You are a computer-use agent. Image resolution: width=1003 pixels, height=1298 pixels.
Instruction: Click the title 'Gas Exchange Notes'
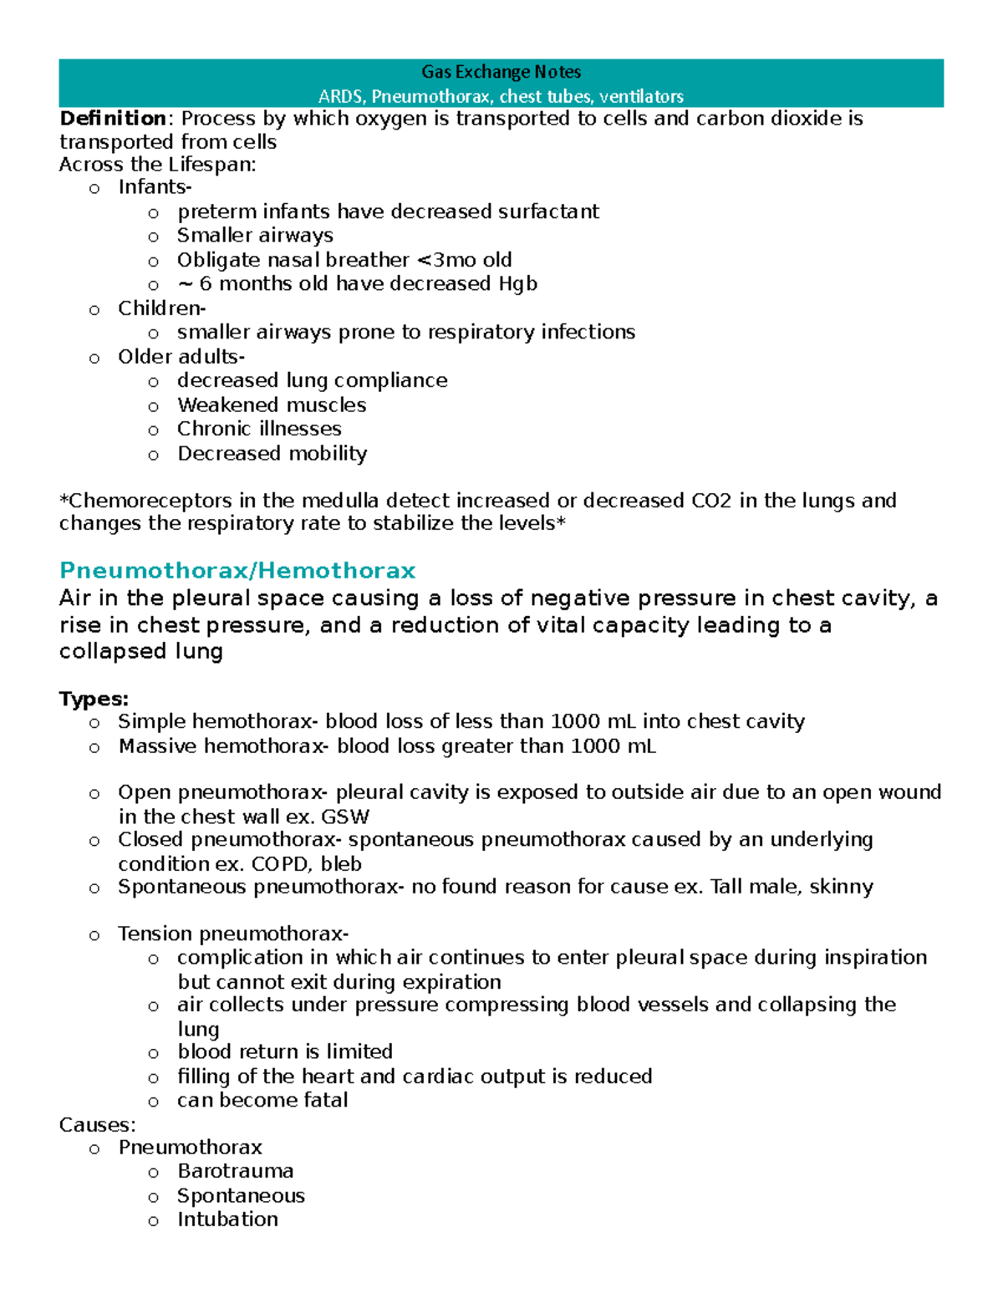501,72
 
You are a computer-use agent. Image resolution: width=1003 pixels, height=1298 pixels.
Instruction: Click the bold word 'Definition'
113,119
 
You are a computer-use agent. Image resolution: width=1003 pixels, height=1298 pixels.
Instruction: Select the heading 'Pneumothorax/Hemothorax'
237,571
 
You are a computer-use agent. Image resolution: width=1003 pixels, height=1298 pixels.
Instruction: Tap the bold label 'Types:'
94,699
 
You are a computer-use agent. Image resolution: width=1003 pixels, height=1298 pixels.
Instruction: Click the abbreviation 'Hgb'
517,284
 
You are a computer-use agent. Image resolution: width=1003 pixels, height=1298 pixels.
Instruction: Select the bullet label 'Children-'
161,308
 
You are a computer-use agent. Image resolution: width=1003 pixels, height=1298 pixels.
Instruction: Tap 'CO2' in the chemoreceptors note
711,501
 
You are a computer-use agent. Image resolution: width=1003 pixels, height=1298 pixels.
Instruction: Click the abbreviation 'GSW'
345,817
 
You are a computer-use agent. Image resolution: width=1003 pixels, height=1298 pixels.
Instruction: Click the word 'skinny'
842,887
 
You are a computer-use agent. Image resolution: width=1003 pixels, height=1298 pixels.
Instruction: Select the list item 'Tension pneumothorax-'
233,934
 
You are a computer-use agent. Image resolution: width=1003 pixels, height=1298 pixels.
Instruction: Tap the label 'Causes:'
97,1125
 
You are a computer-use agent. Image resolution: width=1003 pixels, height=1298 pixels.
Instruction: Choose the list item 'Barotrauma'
235,1171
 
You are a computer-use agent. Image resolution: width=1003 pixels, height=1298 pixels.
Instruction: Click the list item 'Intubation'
227,1219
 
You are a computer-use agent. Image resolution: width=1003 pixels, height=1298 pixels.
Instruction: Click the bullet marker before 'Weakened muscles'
153,407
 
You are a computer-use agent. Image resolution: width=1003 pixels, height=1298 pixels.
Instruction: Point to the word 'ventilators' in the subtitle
641,96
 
